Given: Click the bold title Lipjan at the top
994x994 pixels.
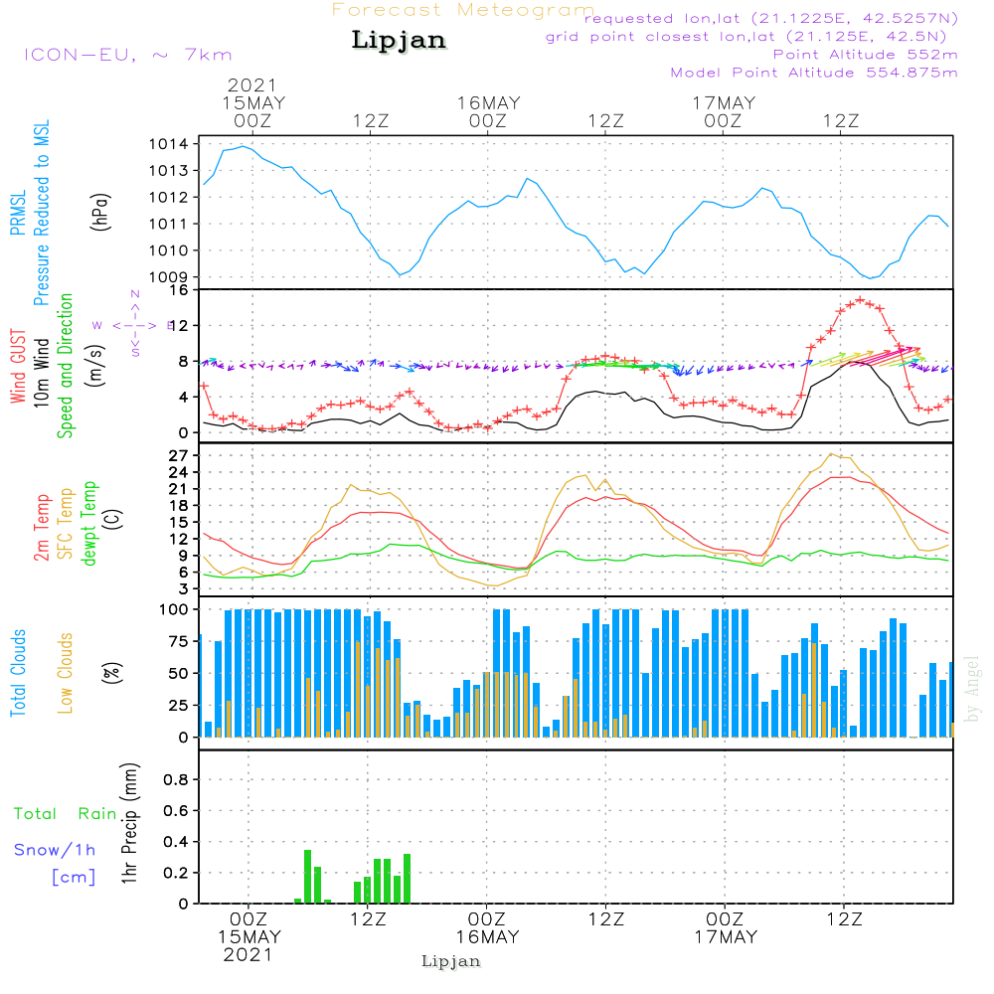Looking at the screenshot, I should pyautogui.click(x=399, y=41).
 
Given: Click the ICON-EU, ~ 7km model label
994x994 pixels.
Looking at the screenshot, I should pyautogui.click(x=127, y=55).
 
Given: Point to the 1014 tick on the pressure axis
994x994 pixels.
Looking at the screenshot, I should pyautogui.click(x=169, y=144).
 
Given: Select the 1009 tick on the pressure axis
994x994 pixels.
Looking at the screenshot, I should pyautogui.click(x=169, y=276).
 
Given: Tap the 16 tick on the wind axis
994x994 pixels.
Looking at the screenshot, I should pyautogui.click(x=179, y=290).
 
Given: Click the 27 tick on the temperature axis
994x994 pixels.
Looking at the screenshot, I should pyautogui.click(x=179, y=455).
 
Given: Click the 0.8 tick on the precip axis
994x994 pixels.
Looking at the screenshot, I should pyautogui.click(x=175, y=779).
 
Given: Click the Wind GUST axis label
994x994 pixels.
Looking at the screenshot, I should pyautogui.click(x=19, y=367).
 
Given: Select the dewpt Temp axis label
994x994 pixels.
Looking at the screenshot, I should pyautogui.click(x=90, y=524).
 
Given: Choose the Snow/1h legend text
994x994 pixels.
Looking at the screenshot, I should pyautogui.click(x=56, y=851).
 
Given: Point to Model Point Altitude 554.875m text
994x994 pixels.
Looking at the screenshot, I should pyautogui.click(x=814, y=73).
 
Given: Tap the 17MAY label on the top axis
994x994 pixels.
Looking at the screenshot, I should pyautogui.click(x=725, y=102).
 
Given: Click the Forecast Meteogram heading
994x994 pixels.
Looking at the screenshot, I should pyautogui.click(x=463, y=10).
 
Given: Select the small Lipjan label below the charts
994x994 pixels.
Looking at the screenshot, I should pyautogui.click(x=451, y=961).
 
